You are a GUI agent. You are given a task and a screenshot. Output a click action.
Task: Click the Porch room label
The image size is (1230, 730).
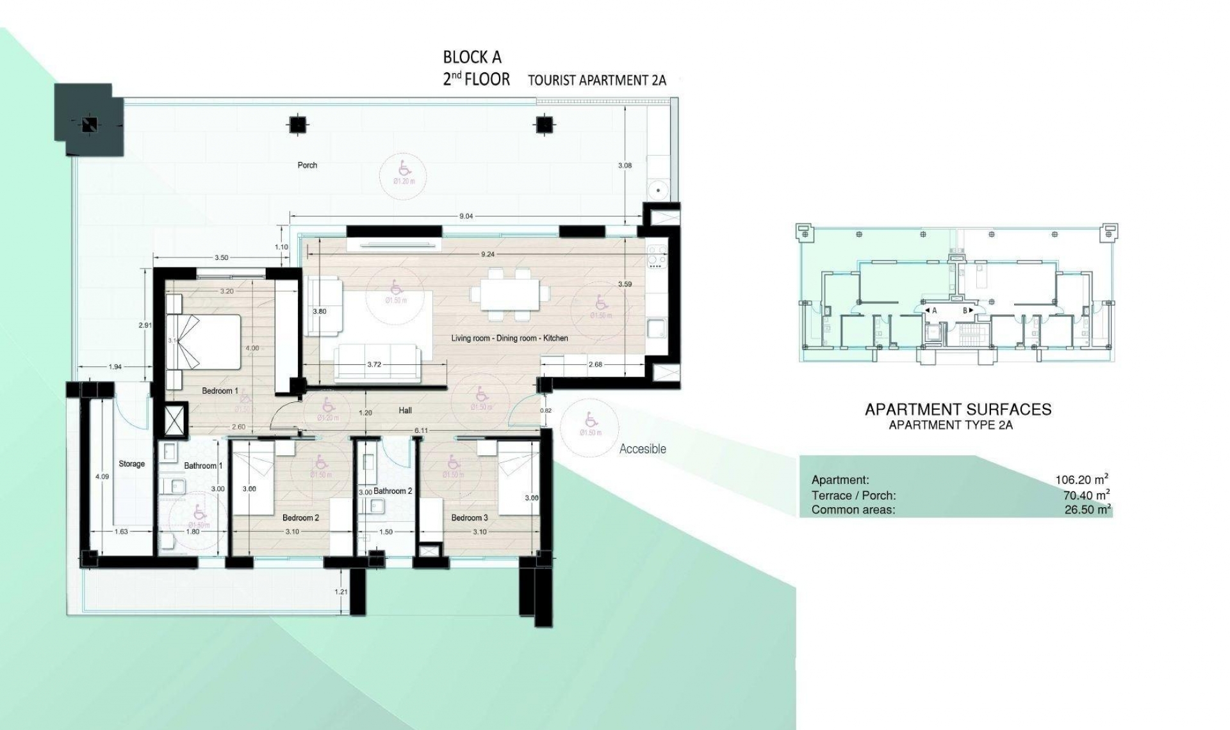307,165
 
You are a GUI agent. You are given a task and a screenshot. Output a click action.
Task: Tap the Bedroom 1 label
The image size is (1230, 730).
220,391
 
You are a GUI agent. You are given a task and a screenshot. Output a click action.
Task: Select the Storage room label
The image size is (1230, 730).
131,464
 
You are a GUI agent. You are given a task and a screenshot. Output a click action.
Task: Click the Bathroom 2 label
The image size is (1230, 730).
392,491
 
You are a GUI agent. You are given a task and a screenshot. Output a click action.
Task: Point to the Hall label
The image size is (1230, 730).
405,410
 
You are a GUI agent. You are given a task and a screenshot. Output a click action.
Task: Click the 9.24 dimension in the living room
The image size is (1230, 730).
488,254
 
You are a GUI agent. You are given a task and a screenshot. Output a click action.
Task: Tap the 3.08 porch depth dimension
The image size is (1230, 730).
625,165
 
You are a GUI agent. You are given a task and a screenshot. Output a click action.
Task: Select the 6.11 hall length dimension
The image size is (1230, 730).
421,431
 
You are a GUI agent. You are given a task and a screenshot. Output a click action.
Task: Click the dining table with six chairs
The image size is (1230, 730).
510,295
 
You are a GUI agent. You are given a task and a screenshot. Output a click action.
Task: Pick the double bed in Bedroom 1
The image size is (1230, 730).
204,342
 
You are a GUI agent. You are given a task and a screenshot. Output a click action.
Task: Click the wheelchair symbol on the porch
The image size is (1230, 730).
404,168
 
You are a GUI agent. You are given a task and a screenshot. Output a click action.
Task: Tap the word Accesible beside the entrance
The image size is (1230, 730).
643,450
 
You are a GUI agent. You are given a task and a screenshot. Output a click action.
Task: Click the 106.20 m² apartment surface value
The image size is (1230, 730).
1082,480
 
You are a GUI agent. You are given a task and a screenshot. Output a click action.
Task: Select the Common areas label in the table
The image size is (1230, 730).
853,510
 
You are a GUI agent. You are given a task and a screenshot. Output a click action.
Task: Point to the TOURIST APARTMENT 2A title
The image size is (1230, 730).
596,81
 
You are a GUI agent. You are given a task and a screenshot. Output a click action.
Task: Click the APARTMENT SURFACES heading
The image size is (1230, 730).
958,410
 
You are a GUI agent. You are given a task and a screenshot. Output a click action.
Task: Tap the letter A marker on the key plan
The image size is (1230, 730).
934,311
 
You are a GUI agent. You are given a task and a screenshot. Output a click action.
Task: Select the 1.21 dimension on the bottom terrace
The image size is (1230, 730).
341,592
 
